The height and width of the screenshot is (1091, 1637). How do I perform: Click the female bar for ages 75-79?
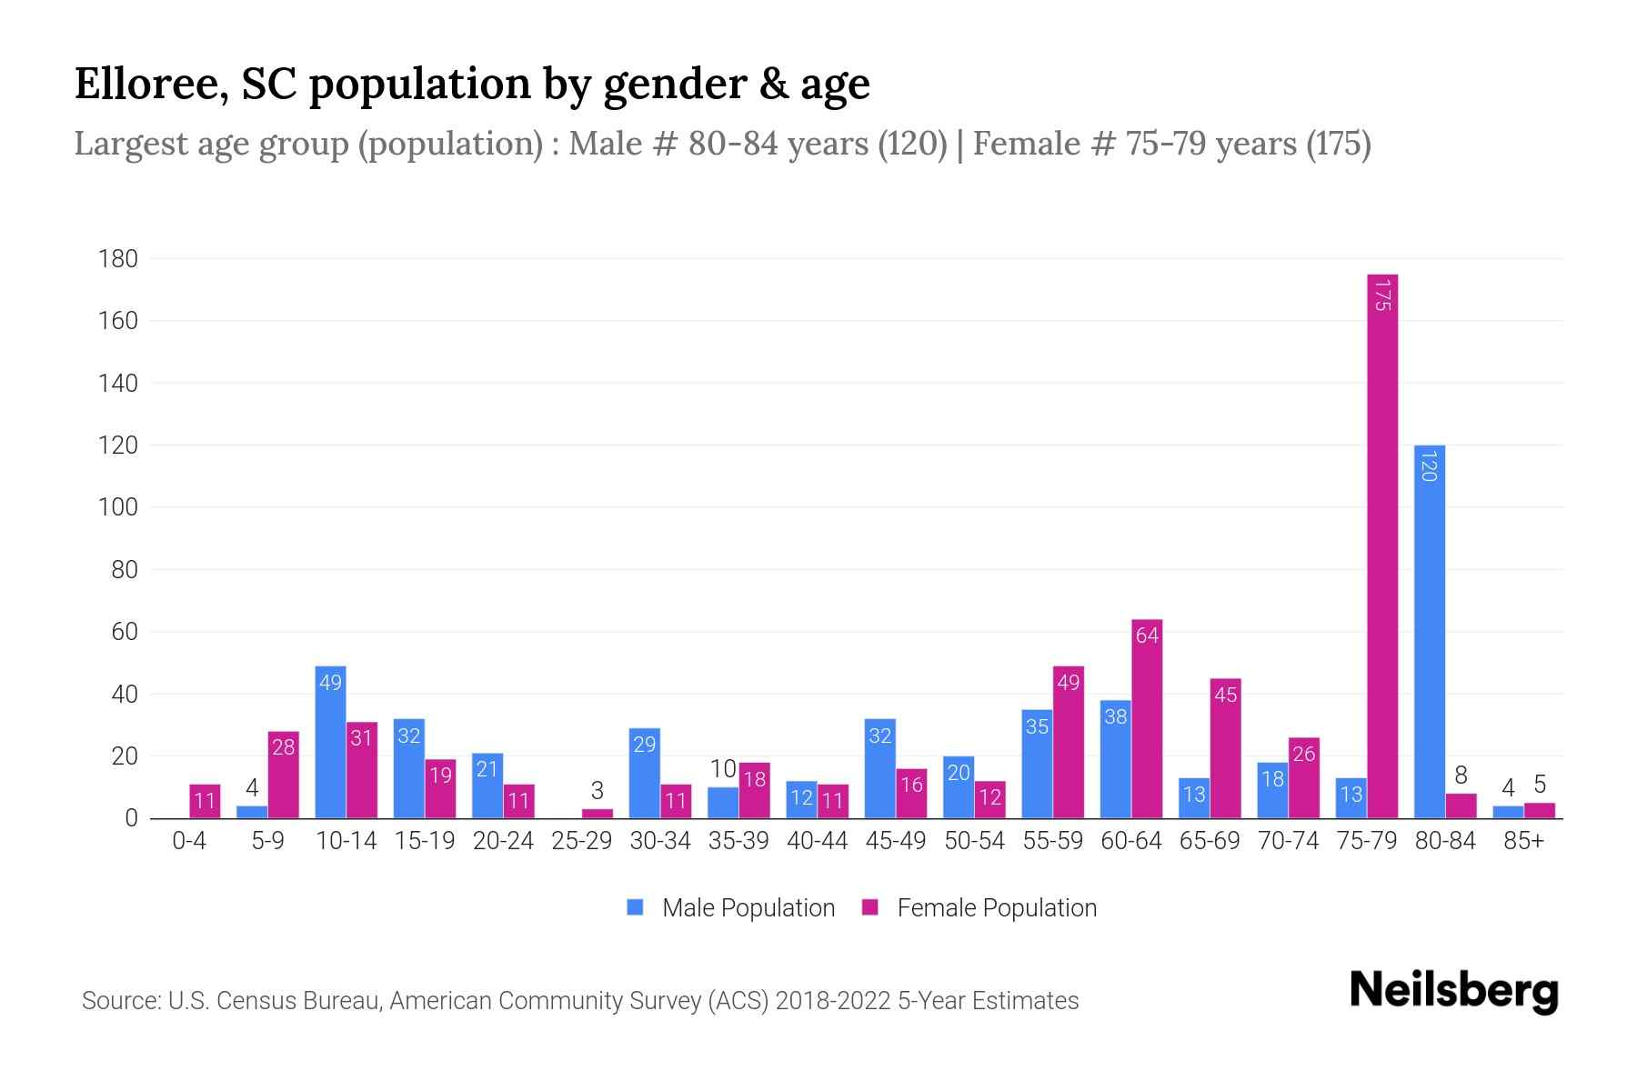click(1382, 545)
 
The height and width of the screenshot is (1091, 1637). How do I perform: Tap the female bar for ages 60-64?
click(1147, 718)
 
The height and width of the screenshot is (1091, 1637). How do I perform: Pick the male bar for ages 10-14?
click(330, 742)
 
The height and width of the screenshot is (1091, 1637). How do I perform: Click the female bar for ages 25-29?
click(598, 814)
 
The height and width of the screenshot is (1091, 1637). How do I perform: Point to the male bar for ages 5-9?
click(252, 812)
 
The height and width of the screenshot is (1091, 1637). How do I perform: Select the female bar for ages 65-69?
click(1225, 748)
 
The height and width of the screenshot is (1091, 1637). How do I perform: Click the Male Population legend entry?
click(731, 908)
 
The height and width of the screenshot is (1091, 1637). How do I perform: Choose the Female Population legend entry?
click(979, 908)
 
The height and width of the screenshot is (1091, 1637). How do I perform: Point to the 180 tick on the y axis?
click(118, 259)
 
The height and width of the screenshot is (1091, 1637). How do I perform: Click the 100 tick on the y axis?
click(118, 507)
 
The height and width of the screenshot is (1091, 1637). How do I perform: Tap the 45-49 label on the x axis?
click(895, 841)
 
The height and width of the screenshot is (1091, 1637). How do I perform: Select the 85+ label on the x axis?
click(1523, 841)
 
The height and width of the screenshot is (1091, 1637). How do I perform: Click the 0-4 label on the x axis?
click(189, 841)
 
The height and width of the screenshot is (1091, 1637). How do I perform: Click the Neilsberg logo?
click(1453, 991)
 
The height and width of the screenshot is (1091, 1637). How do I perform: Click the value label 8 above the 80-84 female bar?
click(1461, 776)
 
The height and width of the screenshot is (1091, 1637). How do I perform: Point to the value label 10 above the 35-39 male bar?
click(723, 769)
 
